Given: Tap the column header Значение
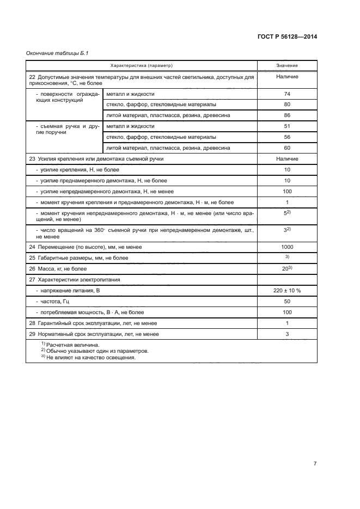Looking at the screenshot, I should (286, 65).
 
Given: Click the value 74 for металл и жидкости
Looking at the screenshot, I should (286, 94).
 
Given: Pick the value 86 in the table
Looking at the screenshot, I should (286, 115).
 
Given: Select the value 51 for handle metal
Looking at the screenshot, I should (286, 126).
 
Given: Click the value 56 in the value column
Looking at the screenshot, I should (286, 137).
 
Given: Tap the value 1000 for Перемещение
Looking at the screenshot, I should (286, 247).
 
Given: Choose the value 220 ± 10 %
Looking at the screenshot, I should (286, 291).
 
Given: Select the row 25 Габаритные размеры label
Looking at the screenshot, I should (78, 258).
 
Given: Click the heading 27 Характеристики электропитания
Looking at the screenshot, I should (74, 280).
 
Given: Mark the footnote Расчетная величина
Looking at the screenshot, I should (71, 345).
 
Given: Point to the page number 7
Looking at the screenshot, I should (315, 463).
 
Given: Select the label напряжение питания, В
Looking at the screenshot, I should (68, 291).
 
